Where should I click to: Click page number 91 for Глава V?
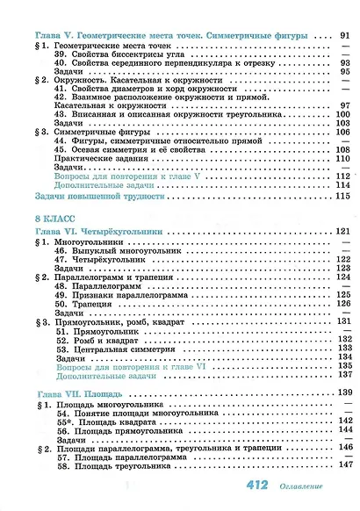click(x=344, y=35)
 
